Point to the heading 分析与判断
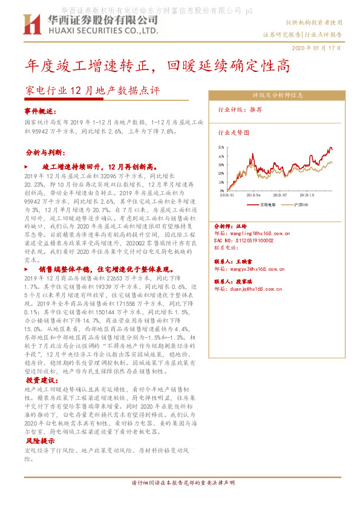click(42, 152)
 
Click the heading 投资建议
click(40, 381)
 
